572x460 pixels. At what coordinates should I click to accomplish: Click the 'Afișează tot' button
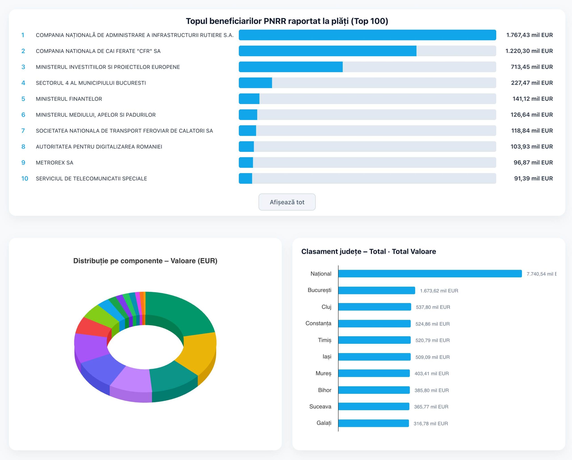[x=287, y=202]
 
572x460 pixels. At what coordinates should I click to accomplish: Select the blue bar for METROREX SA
[x=246, y=163]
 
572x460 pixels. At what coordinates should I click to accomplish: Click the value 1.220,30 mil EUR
[x=529, y=51]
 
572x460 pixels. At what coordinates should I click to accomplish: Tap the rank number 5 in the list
[x=23, y=99]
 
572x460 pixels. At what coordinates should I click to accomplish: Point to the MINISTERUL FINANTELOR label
[x=69, y=99]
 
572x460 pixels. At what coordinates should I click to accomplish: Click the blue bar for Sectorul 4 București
[x=255, y=83]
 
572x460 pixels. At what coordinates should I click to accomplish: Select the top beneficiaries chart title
[x=287, y=21]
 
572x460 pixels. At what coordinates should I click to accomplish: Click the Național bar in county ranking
[x=430, y=274]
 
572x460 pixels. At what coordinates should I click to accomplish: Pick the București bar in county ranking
[x=377, y=290]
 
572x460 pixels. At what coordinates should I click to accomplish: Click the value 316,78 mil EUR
[x=431, y=423]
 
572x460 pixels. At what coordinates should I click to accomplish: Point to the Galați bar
[x=374, y=423]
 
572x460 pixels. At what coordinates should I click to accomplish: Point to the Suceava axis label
[x=320, y=406]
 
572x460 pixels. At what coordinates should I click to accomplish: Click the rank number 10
[x=25, y=178]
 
